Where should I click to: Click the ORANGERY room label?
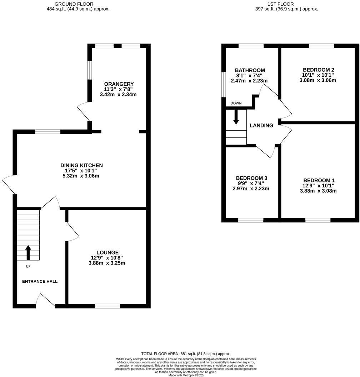pyautogui.click(x=119, y=84)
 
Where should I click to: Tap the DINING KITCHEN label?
pyautogui.click(x=81, y=165)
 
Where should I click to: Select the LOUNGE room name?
pyautogui.click(x=107, y=252)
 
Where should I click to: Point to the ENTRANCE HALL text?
pyautogui.click(x=40, y=281)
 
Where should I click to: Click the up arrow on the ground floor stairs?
pyautogui.click(x=28, y=252)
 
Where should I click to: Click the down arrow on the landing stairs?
pyautogui.click(x=236, y=117)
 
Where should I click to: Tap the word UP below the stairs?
pyautogui.click(x=28, y=266)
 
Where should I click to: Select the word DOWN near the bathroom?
pyautogui.click(x=236, y=103)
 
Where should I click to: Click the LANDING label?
pyautogui.click(x=261, y=125)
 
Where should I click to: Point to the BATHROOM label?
pyautogui.click(x=250, y=70)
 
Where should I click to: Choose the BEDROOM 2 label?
pyautogui.click(x=319, y=70)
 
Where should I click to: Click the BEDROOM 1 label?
pyautogui.click(x=319, y=180)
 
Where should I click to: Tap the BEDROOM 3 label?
pyautogui.click(x=251, y=178)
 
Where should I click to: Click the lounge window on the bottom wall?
pyautogui.click(x=107, y=306)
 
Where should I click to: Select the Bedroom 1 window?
pyautogui.click(x=318, y=220)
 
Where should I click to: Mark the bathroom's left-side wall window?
pyautogui.click(x=224, y=85)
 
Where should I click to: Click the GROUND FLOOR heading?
pyautogui.click(x=74, y=4)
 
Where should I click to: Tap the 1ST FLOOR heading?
pyautogui.click(x=281, y=4)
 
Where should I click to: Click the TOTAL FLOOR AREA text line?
pyautogui.click(x=186, y=354)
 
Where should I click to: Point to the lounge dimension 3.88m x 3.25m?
pyautogui.click(x=107, y=263)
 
